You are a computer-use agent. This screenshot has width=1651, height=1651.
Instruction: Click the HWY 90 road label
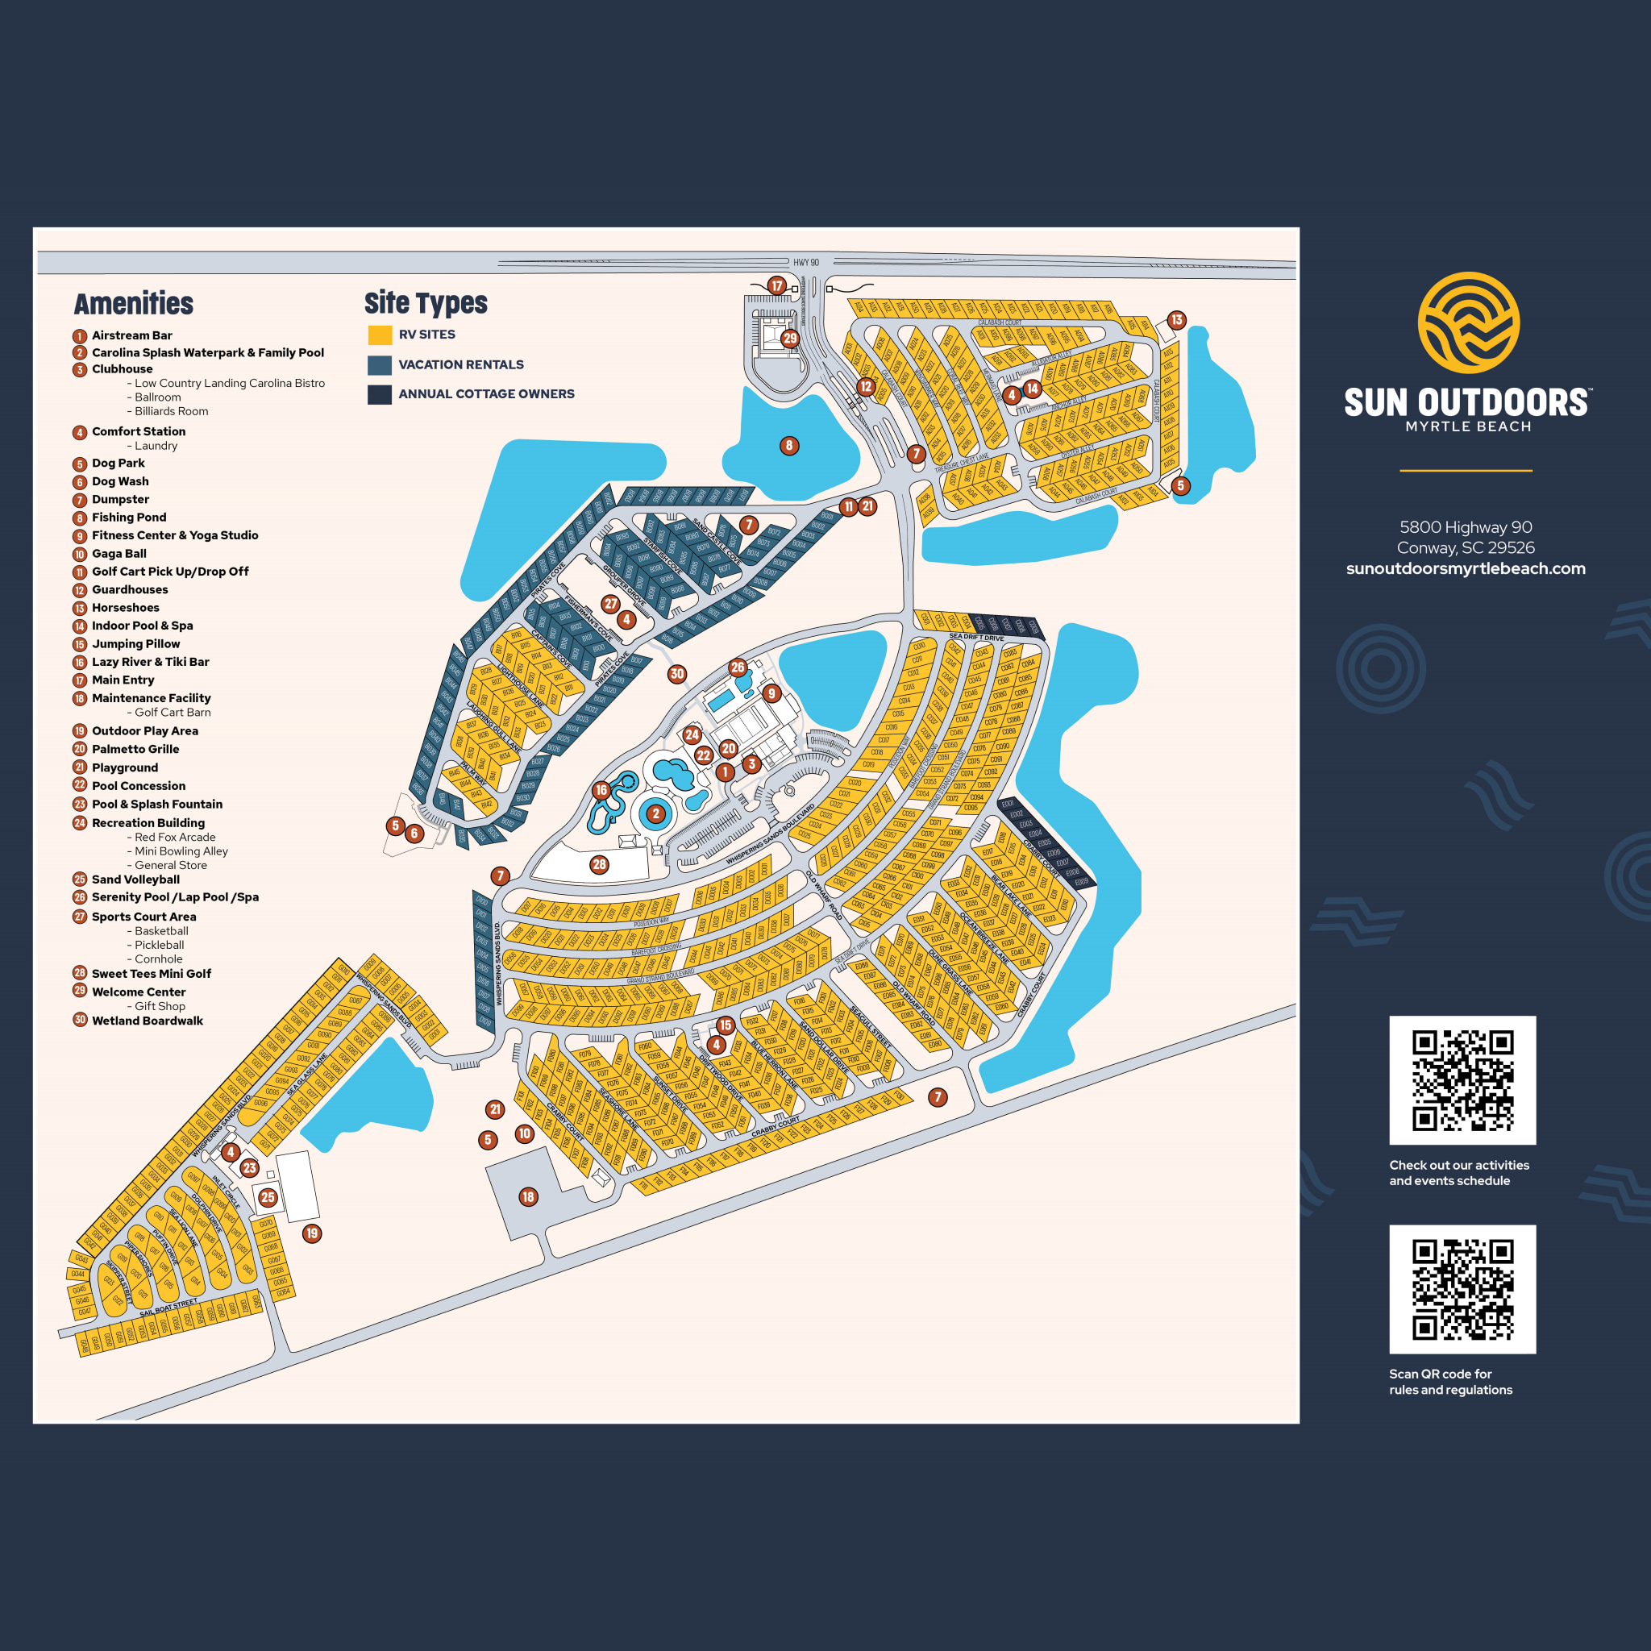[805, 262]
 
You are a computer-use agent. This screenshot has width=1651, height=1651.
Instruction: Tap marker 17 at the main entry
[776, 285]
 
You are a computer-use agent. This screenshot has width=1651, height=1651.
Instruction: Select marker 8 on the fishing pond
[788, 445]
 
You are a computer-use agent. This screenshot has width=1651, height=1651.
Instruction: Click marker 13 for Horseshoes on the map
[1176, 321]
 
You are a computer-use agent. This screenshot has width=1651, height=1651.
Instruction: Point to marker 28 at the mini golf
[599, 865]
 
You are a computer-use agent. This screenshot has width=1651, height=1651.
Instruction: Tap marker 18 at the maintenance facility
[528, 1197]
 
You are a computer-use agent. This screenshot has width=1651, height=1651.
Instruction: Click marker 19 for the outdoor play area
[312, 1233]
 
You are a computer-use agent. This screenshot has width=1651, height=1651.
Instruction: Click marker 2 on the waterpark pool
[655, 813]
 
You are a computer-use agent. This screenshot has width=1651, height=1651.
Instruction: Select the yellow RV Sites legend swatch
[380, 335]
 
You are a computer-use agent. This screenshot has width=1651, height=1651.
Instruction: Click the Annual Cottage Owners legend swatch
[380, 394]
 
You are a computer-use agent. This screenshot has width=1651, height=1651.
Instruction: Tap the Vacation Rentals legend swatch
[380, 365]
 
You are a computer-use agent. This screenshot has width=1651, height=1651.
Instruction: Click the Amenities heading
[133, 303]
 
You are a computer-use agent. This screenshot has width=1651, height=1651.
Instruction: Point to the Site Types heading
[426, 302]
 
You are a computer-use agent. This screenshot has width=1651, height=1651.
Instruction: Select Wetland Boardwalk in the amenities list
[147, 1021]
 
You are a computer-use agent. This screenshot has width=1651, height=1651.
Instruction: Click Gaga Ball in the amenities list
[119, 554]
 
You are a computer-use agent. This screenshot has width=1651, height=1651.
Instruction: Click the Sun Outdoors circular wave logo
[1468, 322]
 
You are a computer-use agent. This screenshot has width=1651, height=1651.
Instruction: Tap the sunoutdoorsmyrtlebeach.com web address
[1466, 568]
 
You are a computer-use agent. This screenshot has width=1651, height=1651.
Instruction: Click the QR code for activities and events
[1462, 1080]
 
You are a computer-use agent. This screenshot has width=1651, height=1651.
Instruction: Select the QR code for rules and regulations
[1462, 1289]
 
